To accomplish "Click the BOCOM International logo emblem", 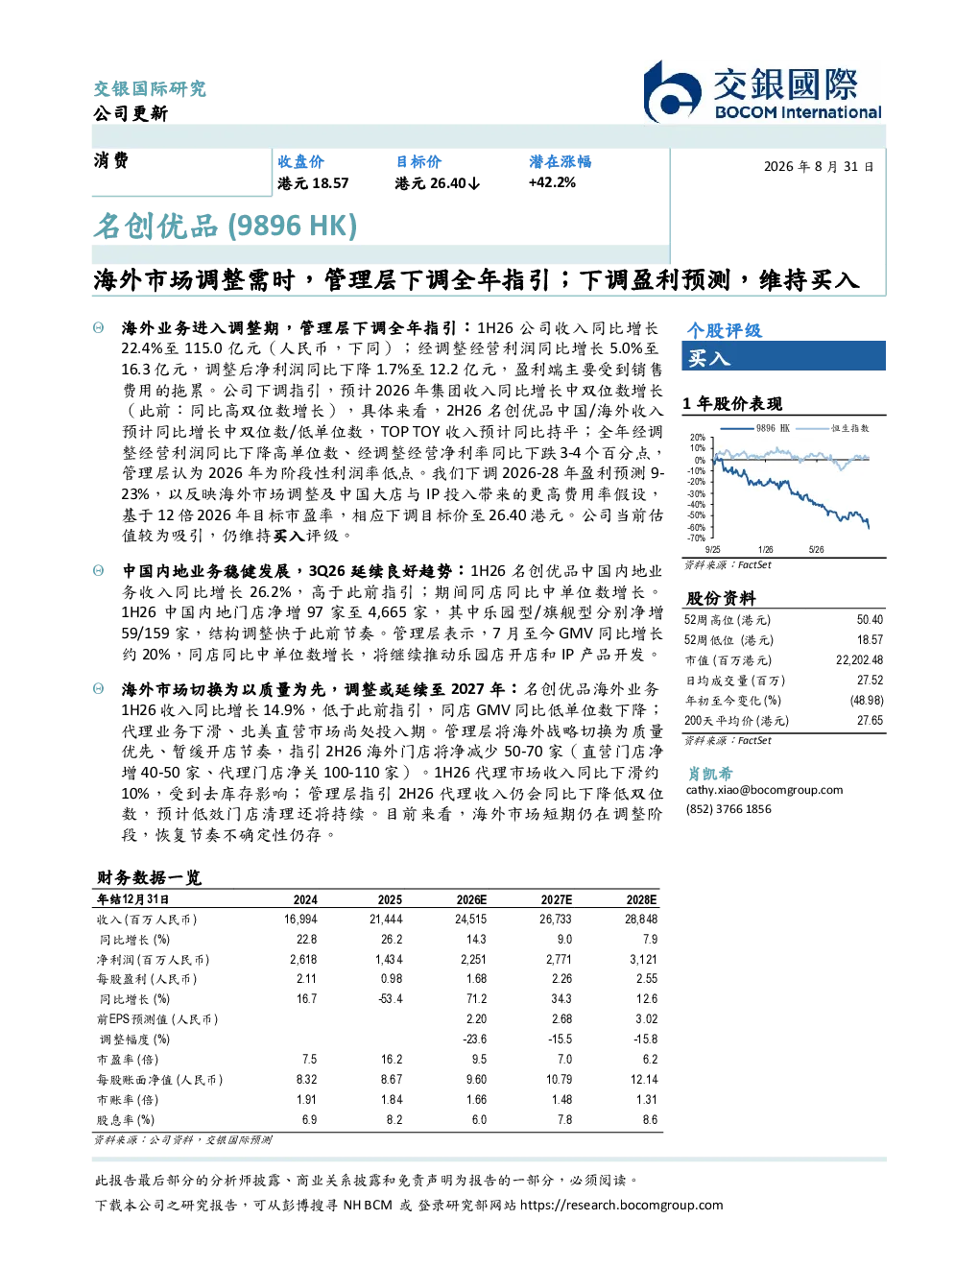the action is tap(672, 92).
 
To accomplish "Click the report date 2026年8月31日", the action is tap(818, 167).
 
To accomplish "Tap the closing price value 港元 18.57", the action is tap(313, 183).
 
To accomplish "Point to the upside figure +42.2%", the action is tap(552, 183).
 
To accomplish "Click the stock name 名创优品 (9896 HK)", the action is tap(225, 227).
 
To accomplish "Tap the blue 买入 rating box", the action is tap(783, 356).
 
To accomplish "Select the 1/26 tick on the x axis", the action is tap(765, 550).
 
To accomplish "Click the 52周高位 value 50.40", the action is tap(870, 620).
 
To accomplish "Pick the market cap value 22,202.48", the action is tap(859, 660).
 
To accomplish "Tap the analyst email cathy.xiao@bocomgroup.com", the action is tap(764, 790).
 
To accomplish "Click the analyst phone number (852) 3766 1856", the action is tap(728, 809).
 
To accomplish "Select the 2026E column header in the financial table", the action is tap(471, 899).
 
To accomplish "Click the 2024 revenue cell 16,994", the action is tap(300, 920).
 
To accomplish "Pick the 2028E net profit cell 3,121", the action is tap(643, 960).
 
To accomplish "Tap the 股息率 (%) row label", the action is tap(126, 1120).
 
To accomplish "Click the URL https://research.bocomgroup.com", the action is tap(621, 1206).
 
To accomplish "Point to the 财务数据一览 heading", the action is tap(149, 877).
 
